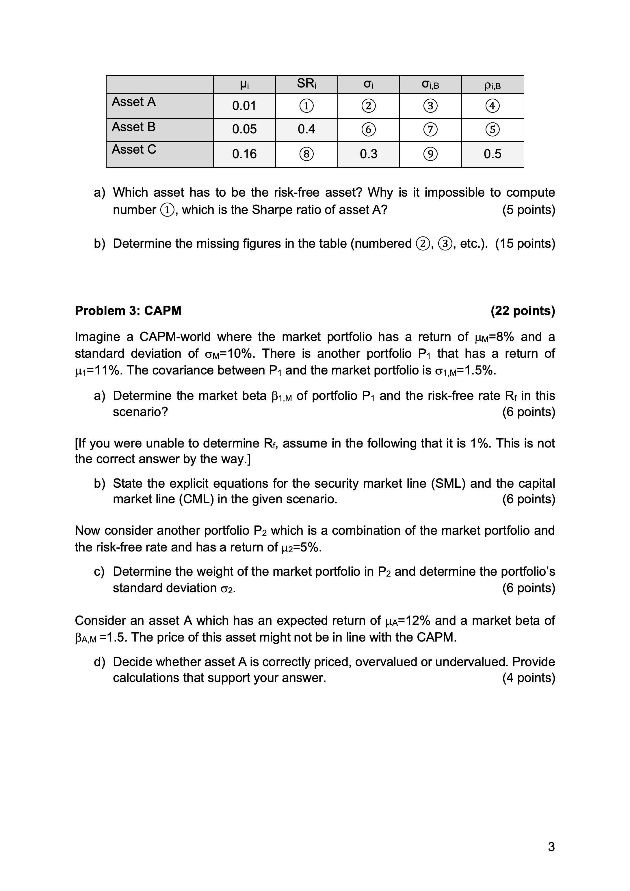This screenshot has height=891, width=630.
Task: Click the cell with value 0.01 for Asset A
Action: pyautogui.click(x=244, y=106)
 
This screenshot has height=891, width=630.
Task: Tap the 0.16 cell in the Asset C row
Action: pyautogui.click(x=244, y=154)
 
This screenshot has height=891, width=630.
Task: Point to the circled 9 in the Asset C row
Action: pyautogui.click(x=430, y=154)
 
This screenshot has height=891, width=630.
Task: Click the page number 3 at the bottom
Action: pyautogui.click(x=551, y=847)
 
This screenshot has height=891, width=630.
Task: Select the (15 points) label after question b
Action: pyautogui.click(x=525, y=244)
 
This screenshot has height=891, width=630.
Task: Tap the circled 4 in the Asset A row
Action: pyautogui.click(x=492, y=106)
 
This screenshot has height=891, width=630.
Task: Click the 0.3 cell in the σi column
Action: pyautogui.click(x=368, y=154)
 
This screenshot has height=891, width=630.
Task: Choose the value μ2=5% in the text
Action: pyautogui.click(x=300, y=547)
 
